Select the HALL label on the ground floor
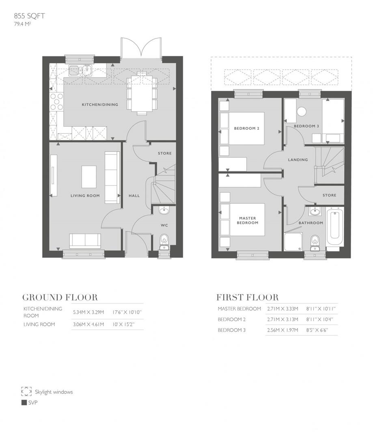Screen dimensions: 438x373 [134, 195]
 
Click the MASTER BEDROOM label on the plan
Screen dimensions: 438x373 [247, 220]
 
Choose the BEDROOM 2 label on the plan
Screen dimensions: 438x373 [246, 129]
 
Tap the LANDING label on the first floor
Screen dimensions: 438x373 [298, 160]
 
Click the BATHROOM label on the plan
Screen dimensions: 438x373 [310, 223]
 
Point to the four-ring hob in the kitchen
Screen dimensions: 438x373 [56, 101]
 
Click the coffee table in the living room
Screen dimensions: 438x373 [89, 176]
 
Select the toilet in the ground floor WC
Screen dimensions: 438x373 [164, 241]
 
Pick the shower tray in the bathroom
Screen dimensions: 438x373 [293, 242]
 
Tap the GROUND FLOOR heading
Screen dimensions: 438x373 [60, 297]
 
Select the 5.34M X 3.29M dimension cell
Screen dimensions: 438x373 [88, 312]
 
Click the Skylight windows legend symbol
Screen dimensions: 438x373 [26, 391]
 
